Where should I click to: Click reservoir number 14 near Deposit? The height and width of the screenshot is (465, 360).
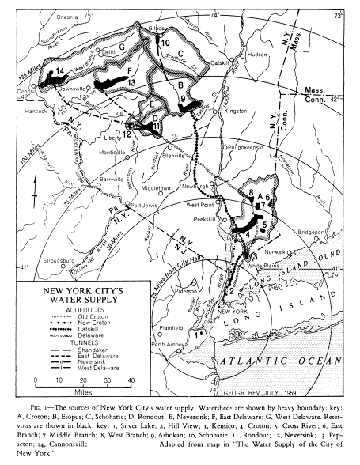pyautogui.click(x=59, y=73)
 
